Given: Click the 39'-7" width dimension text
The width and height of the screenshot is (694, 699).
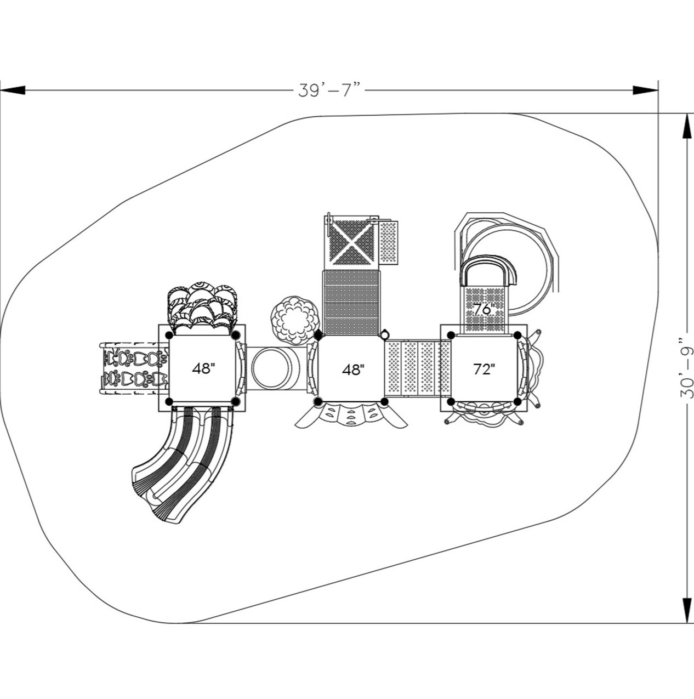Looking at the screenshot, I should (x=329, y=90).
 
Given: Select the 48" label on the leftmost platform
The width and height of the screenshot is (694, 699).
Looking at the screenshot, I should (x=202, y=368).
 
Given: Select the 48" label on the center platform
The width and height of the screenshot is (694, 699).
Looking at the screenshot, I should (x=352, y=370).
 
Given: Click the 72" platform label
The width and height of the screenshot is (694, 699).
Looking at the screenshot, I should (x=484, y=370).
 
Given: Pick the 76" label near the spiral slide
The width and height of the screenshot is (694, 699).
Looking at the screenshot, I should (x=484, y=309).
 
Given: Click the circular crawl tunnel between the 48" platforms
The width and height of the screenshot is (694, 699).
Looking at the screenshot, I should (x=272, y=368).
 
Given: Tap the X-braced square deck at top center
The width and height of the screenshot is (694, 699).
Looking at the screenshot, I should (x=351, y=243).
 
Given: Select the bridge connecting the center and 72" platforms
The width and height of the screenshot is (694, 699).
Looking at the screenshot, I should (x=417, y=368).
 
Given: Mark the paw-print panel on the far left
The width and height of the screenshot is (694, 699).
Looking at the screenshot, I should (x=134, y=368).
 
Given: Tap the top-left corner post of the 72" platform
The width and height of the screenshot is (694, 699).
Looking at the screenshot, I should (x=451, y=335).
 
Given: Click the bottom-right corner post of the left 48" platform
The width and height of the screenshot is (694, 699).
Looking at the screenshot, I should (x=236, y=402).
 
